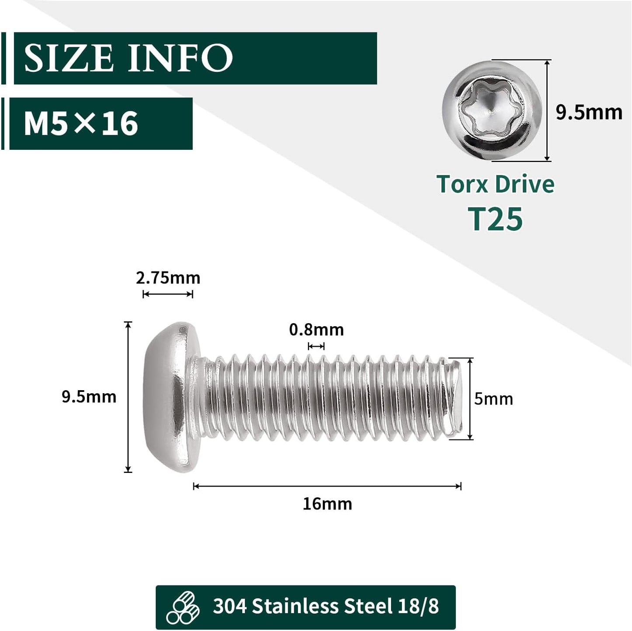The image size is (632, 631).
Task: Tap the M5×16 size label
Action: tap(81, 123)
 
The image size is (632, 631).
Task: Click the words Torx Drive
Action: tap(495, 184)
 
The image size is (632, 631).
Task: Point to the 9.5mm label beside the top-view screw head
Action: tap(589, 113)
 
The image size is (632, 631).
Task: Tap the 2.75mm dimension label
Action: tap(168, 278)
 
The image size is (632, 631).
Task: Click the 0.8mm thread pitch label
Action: tap(317, 330)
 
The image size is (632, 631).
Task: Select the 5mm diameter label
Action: tap(494, 399)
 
